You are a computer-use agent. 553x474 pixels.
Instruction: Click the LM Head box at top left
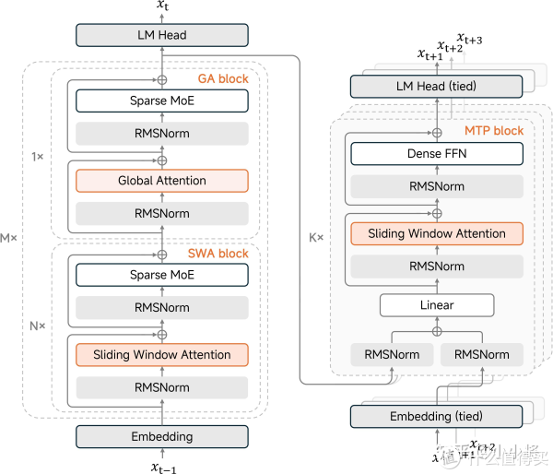[x=161, y=35]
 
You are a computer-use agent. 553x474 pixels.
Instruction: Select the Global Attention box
[x=161, y=181]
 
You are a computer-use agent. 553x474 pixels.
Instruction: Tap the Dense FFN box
[x=437, y=154]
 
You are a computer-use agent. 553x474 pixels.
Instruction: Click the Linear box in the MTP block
[x=437, y=304]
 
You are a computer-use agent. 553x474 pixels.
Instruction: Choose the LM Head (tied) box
[x=437, y=87]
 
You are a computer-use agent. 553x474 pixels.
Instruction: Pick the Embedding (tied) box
[x=437, y=417]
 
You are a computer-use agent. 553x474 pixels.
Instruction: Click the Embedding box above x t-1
[x=161, y=436]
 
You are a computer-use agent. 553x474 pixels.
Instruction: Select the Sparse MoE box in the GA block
[x=161, y=100]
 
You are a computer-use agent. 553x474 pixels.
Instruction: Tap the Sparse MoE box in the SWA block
[x=161, y=275]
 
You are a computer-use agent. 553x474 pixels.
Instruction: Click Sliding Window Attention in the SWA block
[x=161, y=355]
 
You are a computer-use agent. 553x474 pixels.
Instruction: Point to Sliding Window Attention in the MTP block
[x=437, y=233]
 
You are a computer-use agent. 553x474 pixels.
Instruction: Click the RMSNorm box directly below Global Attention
[x=161, y=214]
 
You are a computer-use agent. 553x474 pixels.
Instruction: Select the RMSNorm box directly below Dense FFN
[x=437, y=186]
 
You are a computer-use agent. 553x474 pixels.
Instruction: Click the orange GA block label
[x=223, y=79]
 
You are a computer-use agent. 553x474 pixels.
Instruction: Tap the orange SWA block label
[x=219, y=254]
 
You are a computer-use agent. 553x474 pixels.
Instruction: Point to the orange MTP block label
[x=494, y=131]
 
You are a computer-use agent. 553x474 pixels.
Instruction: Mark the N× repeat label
[x=37, y=325]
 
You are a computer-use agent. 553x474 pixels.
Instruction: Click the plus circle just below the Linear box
[x=437, y=331]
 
